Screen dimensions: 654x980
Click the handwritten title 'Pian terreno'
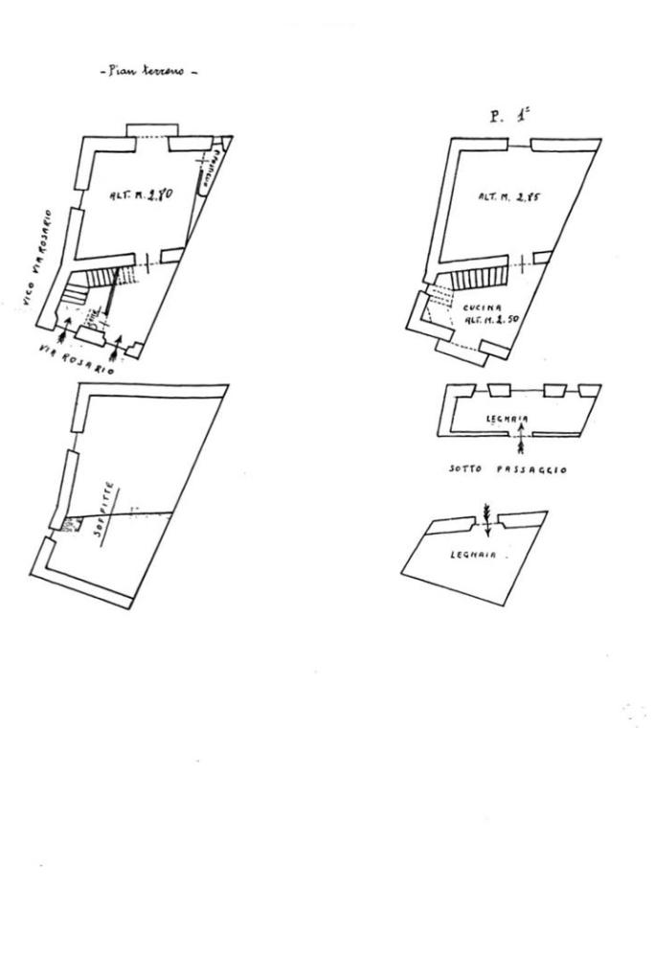(x=147, y=71)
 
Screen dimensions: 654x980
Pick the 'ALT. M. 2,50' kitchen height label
(x=490, y=319)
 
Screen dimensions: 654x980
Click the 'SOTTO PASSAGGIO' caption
(x=508, y=470)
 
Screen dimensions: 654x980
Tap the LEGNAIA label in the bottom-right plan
(x=473, y=555)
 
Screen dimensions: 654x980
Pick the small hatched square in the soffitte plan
(x=66, y=523)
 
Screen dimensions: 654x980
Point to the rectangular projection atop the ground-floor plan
(x=152, y=131)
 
